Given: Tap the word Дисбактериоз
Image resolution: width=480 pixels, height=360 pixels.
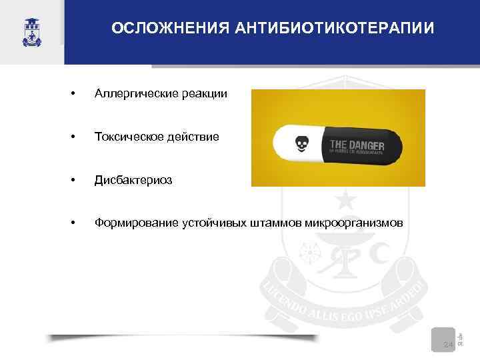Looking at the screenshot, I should pyautogui.click(x=133, y=179).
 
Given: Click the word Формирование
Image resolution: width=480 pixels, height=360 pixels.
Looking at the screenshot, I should pyautogui.click(x=135, y=222).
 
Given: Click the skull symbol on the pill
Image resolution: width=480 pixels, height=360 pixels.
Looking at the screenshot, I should pyautogui.click(x=302, y=143).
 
